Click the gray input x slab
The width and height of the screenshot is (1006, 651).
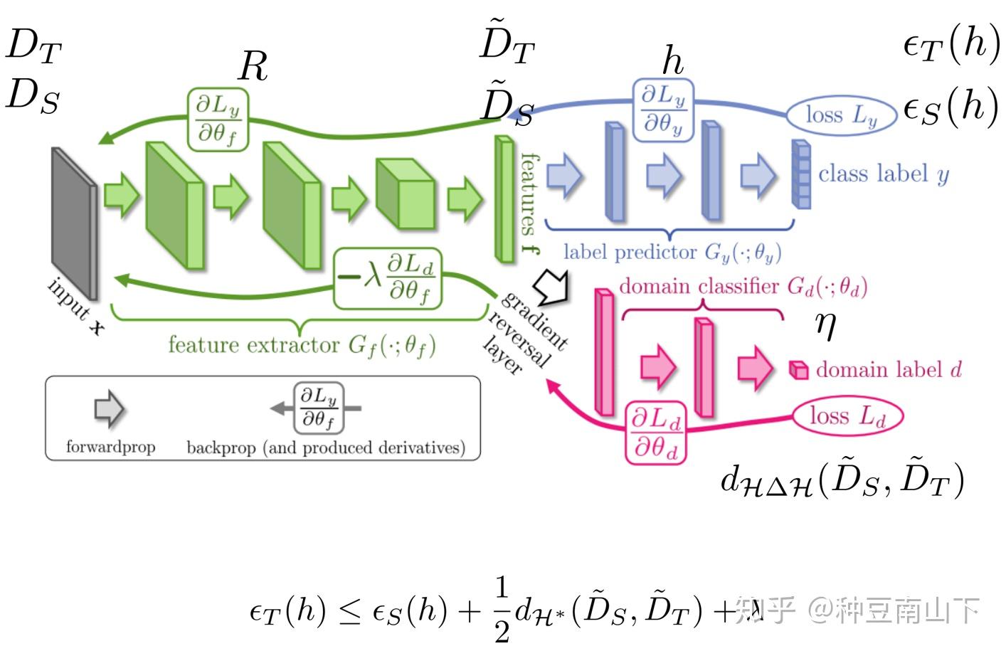pos(74,222)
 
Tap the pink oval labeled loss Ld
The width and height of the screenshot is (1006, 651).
pos(847,416)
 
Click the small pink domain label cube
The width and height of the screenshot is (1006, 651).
pos(799,370)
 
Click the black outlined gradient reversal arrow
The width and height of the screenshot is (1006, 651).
pos(553,285)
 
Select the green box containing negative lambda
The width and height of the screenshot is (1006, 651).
pos(387,278)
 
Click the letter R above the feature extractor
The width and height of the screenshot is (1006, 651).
pos(253,66)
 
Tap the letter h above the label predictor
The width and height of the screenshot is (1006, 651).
pos(672,61)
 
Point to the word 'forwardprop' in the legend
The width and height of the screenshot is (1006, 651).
pos(110,447)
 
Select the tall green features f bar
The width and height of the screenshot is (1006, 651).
pos(504,199)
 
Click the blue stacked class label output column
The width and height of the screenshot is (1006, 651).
pos(801,174)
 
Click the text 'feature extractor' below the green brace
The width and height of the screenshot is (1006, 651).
pos(254,345)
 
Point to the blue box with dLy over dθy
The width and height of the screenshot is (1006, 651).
pos(663,110)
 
